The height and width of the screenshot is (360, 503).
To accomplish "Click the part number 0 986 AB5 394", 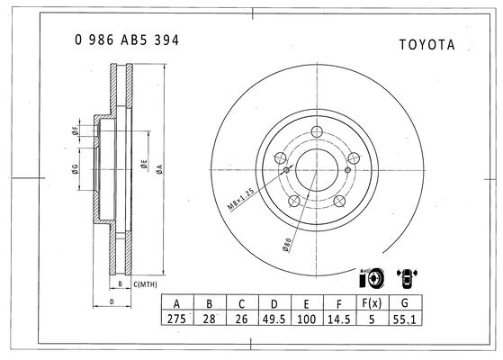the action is pos(127,40).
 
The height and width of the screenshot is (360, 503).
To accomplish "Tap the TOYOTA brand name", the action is pos(427,45).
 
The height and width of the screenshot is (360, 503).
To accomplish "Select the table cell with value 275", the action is pos(176,319).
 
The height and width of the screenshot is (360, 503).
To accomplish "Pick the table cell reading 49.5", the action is pos(274,319).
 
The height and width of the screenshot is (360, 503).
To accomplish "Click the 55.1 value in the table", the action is pos(405,319).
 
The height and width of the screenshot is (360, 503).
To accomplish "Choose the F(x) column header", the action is pos(372,303).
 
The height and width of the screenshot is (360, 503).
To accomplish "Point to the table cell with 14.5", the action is pos(339,319).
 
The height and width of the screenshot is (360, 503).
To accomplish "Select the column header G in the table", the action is pos(405,303).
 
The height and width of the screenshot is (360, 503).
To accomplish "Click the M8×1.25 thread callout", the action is pos(240,199).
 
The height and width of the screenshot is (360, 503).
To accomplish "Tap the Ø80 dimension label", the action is pos(286,245).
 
